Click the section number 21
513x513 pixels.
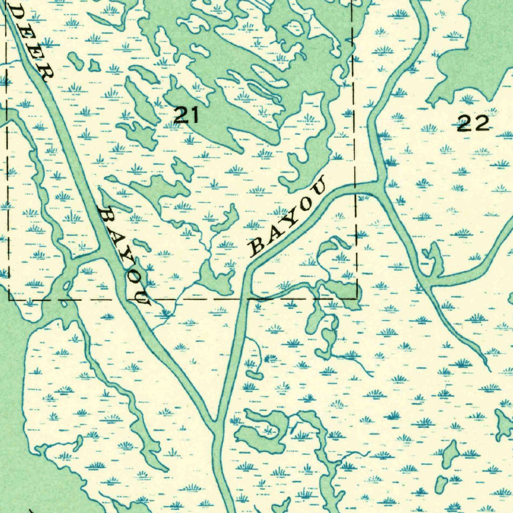(x=186, y=116)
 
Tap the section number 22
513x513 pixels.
(x=473, y=123)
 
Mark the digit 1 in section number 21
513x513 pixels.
(x=193, y=116)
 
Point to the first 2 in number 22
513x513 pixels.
(x=464, y=123)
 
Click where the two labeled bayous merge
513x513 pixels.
(x=215, y=426)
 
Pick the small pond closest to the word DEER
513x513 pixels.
(x=76, y=61)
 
